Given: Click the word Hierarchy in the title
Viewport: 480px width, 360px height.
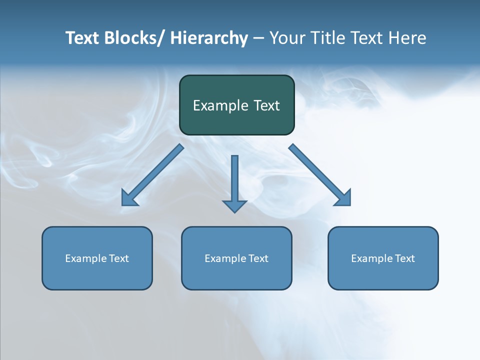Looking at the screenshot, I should pos(209,38).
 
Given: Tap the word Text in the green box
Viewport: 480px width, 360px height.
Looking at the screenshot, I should pos(267,105).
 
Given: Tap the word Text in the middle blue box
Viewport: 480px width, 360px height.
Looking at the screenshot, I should pos(257,258).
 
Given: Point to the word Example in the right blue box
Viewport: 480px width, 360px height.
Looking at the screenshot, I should pos(369,258).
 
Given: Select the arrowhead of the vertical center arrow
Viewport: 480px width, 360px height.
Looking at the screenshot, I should pos(234,205).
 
